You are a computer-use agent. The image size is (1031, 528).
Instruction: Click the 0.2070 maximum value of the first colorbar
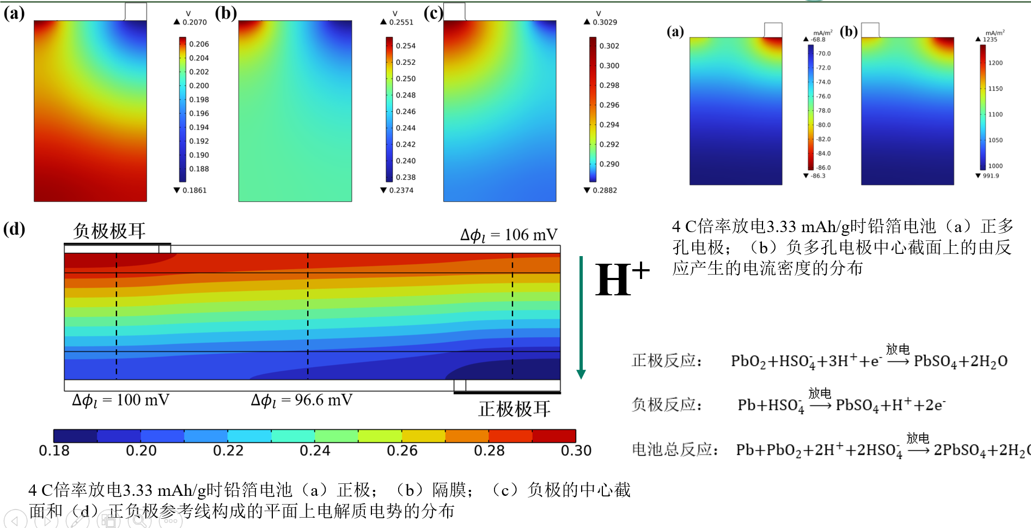tap(194, 22)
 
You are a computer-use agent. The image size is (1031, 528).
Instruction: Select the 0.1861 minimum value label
tap(194, 190)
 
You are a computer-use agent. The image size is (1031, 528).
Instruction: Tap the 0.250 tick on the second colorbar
tap(406, 78)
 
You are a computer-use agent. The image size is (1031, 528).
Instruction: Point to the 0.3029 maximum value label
tap(605, 22)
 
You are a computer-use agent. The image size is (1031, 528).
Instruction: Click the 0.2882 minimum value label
tap(605, 190)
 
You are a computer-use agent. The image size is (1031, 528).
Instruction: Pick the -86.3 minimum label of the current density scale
tap(818, 176)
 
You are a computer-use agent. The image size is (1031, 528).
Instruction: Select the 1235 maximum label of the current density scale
tap(990, 40)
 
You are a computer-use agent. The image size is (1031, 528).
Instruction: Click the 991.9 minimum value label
tap(991, 176)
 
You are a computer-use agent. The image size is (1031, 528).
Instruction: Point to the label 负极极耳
tap(109, 231)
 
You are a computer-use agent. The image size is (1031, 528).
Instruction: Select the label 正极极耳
tap(514, 409)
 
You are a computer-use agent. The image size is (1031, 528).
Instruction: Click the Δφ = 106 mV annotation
tap(509, 235)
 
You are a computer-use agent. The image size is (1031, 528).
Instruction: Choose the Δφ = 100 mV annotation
tap(120, 400)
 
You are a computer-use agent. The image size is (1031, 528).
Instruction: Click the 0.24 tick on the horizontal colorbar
tap(315, 451)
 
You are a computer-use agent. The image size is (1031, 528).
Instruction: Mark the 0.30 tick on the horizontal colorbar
tap(576, 451)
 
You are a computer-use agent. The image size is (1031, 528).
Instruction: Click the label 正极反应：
tap(667, 361)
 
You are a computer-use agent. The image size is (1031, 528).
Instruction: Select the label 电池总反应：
tap(674, 450)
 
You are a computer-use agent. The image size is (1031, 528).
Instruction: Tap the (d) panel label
tap(14, 229)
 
